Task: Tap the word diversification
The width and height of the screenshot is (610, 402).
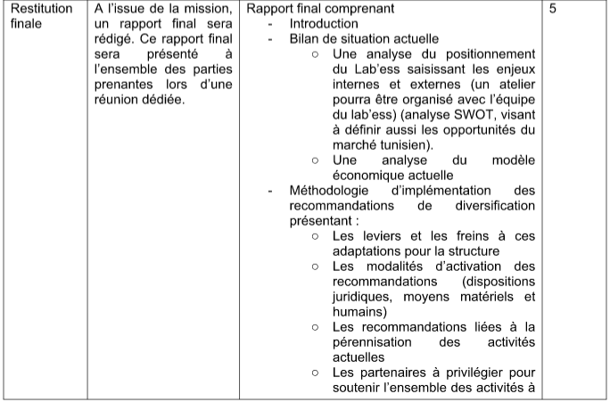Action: point(494,206)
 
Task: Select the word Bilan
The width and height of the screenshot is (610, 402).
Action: point(306,38)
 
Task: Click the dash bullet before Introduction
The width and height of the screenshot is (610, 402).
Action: point(271,24)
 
